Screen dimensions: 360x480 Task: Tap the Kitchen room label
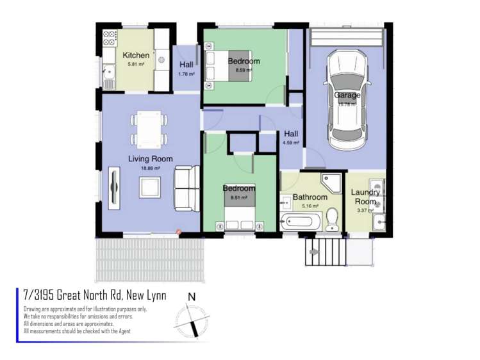[136, 55]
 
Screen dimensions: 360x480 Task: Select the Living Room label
[150, 159]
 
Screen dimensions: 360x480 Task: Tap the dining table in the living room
[149, 128]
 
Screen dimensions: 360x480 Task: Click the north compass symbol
[191, 317]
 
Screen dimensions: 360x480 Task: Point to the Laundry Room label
[366, 197]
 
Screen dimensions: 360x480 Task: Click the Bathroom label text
[310, 197]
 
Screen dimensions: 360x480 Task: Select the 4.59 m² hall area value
[291, 143]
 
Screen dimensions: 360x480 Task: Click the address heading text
[94, 295]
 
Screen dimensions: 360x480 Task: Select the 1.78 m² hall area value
[186, 74]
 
